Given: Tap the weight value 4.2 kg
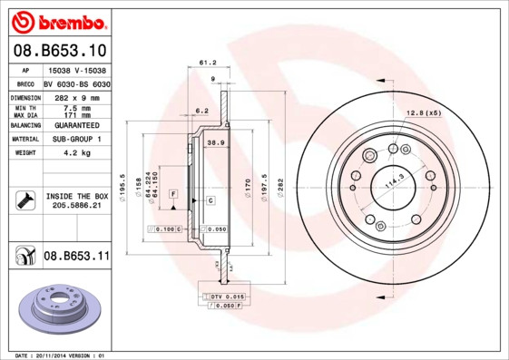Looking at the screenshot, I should click(75, 153).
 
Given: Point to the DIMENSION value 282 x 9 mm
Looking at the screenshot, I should click(76, 97).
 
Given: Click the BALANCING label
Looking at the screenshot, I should click(24, 124).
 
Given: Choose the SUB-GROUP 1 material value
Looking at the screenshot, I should click(76, 139).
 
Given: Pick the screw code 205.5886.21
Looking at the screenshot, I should click(77, 207).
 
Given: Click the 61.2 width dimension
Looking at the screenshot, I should click(206, 63).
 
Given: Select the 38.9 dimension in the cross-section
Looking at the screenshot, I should click(216, 143).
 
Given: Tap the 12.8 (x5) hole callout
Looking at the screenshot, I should click(423, 112).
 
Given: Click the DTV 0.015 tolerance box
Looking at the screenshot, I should click(228, 297).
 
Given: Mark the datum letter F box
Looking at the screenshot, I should click(172, 195).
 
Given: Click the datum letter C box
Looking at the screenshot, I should click(210, 199).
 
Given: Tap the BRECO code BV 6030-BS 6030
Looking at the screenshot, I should click(76, 83).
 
